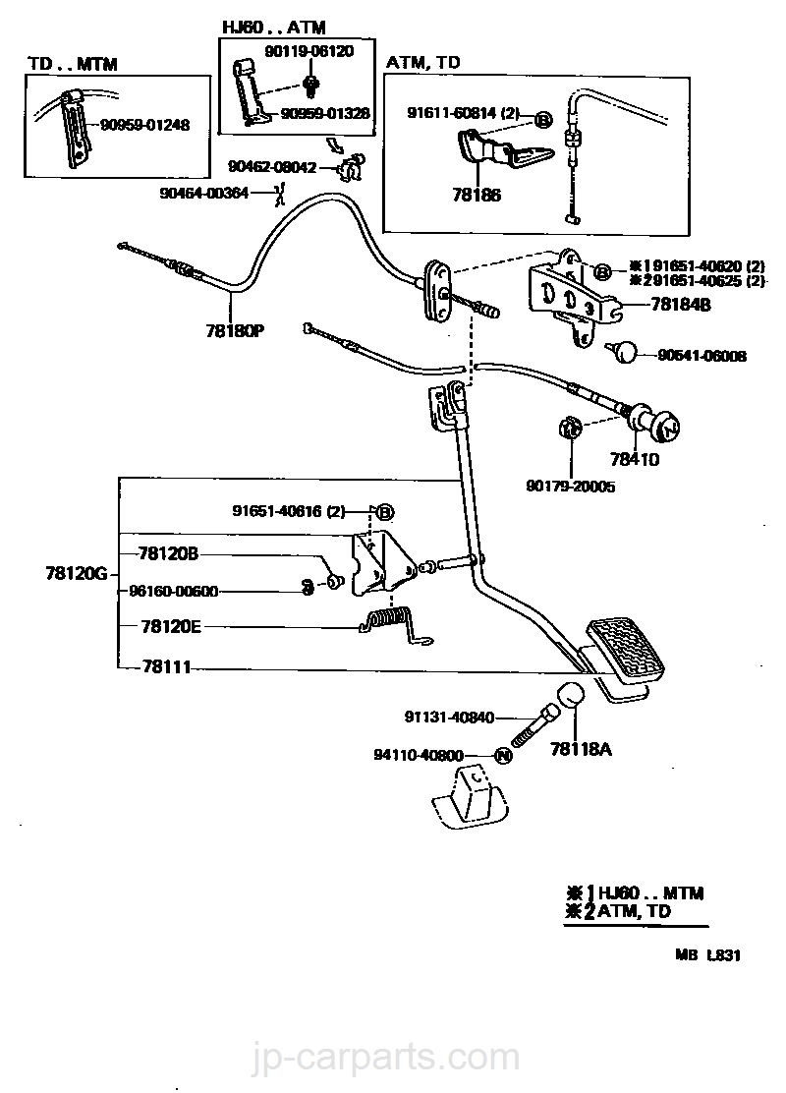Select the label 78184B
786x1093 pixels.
[679, 305]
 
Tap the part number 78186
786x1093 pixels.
[476, 196]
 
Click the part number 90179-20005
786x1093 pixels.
[570, 486]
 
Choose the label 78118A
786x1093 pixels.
[581, 750]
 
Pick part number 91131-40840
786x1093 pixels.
[448, 718]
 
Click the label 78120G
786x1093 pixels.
[74, 572]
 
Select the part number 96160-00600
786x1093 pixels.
[174, 592]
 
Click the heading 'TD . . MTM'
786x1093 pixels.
[72, 64]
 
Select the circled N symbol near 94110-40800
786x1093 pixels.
[502, 756]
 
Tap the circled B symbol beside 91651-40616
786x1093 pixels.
[385, 511]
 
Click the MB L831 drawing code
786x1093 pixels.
[706, 953]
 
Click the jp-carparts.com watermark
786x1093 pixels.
[393, 1060]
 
